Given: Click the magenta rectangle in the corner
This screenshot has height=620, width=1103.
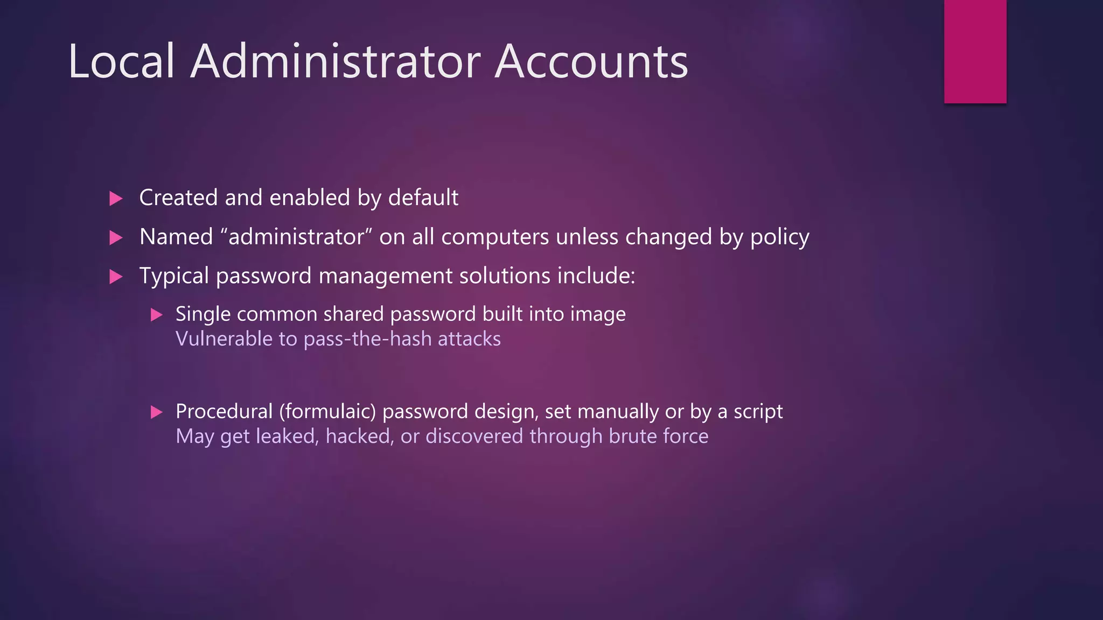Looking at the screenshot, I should tap(975, 51).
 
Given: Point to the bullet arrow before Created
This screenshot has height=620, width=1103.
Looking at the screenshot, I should tap(116, 199).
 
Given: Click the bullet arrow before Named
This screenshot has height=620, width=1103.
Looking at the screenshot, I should tap(116, 237).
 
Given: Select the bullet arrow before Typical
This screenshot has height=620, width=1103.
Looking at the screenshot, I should tap(116, 277).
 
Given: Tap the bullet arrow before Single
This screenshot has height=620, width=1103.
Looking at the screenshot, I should tap(156, 315).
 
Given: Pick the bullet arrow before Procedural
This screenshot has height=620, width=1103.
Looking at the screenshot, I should tap(156, 412).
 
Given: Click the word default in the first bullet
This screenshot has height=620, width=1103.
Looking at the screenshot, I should tap(423, 198).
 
